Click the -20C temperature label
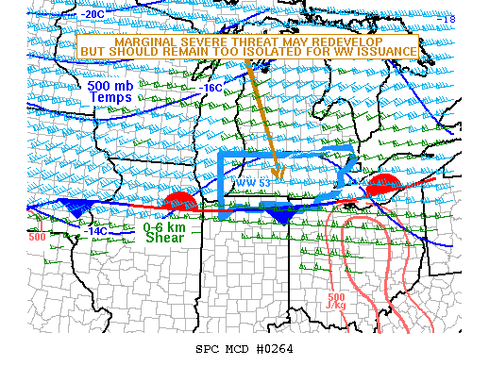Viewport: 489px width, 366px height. [x=93, y=15]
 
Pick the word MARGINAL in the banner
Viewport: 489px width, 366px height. [x=139, y=42]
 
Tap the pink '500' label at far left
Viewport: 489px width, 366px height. [x=37, y=237]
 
